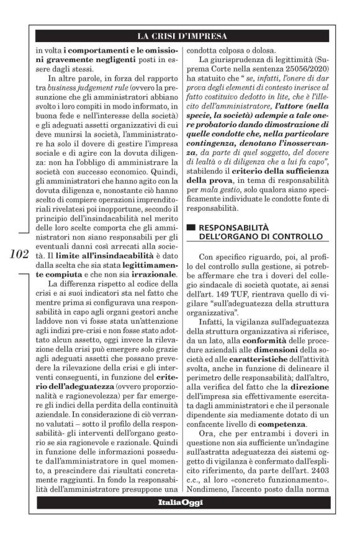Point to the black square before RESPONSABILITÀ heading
click(191, 228)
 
